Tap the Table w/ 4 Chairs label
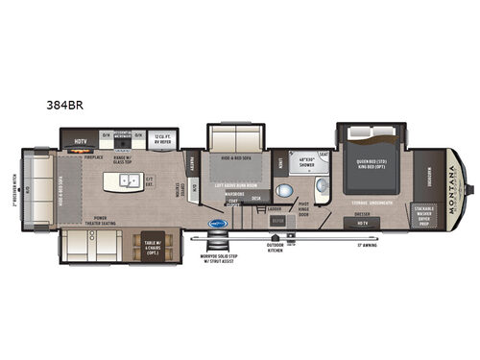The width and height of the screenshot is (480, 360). click(x=151, y=247)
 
